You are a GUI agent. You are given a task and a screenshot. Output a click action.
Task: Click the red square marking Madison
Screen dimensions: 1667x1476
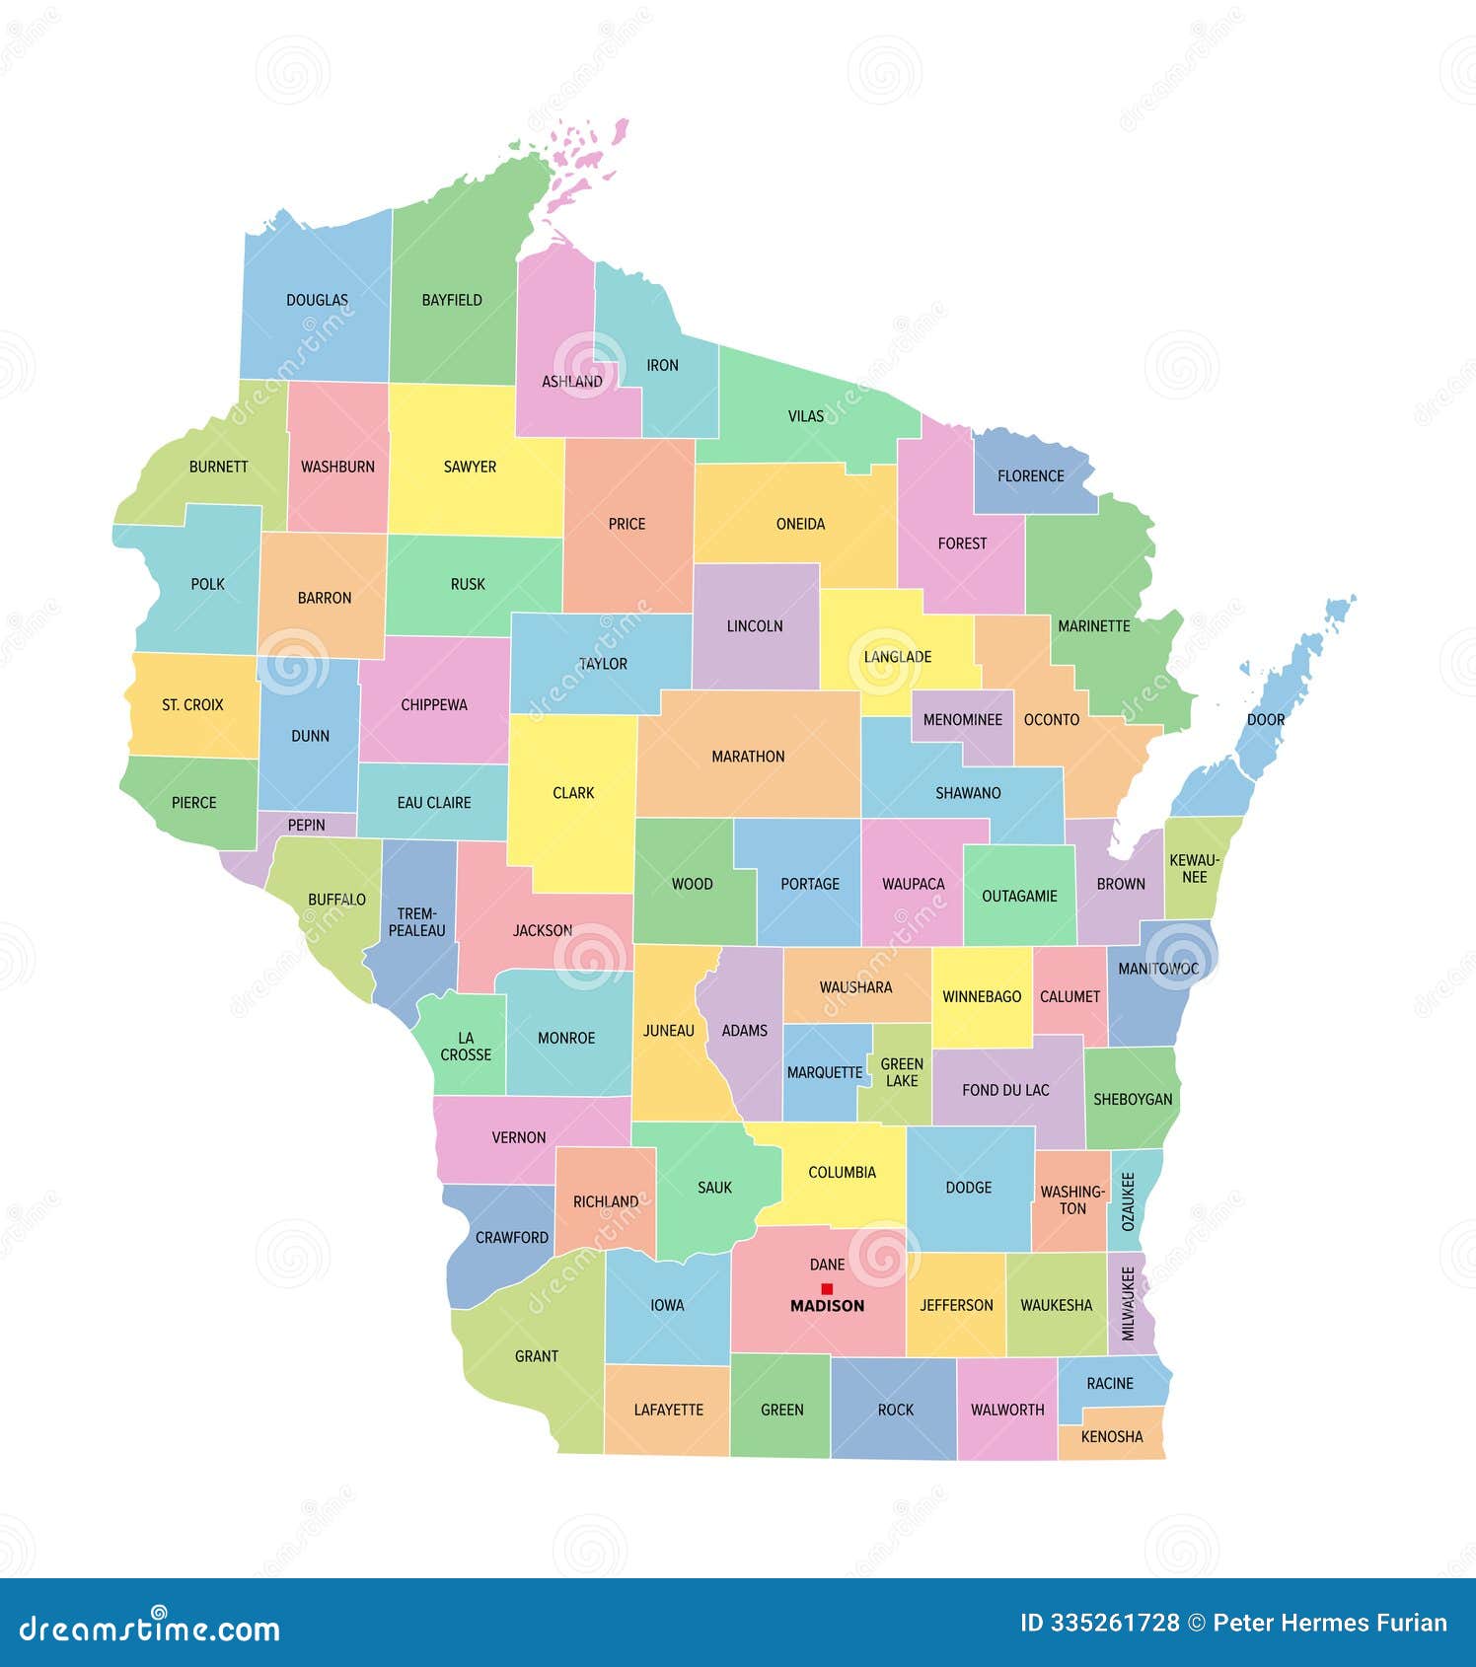827,1288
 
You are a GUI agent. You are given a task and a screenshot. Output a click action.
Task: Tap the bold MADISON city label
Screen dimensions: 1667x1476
827,1306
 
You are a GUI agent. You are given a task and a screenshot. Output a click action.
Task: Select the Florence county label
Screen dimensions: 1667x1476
1030,475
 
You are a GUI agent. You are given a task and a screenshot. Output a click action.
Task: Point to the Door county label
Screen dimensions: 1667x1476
1265,719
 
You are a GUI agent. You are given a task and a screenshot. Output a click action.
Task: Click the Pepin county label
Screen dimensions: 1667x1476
306,825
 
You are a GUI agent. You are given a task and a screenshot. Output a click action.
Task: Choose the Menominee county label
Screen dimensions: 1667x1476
962,719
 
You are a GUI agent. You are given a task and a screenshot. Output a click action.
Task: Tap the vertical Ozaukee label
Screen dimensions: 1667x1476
1129,1200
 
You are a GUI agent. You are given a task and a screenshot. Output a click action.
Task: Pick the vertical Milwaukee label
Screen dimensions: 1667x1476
1128,1303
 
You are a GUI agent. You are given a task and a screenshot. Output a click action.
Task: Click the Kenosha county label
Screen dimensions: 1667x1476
1111,1436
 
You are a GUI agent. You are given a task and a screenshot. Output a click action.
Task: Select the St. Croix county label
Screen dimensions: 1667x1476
192,704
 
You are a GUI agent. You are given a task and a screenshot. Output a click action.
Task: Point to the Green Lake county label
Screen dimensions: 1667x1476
902,1072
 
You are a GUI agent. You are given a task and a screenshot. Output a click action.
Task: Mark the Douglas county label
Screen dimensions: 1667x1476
317,300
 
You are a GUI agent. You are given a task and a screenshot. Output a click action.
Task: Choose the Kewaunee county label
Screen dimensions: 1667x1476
1195,868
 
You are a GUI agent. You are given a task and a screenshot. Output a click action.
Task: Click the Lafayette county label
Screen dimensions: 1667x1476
668,1410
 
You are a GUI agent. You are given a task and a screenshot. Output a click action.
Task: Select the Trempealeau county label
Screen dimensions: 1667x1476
416,921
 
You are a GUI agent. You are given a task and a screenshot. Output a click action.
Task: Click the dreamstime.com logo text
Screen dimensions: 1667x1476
150,1628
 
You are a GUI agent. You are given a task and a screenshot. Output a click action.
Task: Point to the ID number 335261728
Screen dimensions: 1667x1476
1099,1623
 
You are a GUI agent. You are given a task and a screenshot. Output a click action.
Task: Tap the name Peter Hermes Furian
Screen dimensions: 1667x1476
1329,1623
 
